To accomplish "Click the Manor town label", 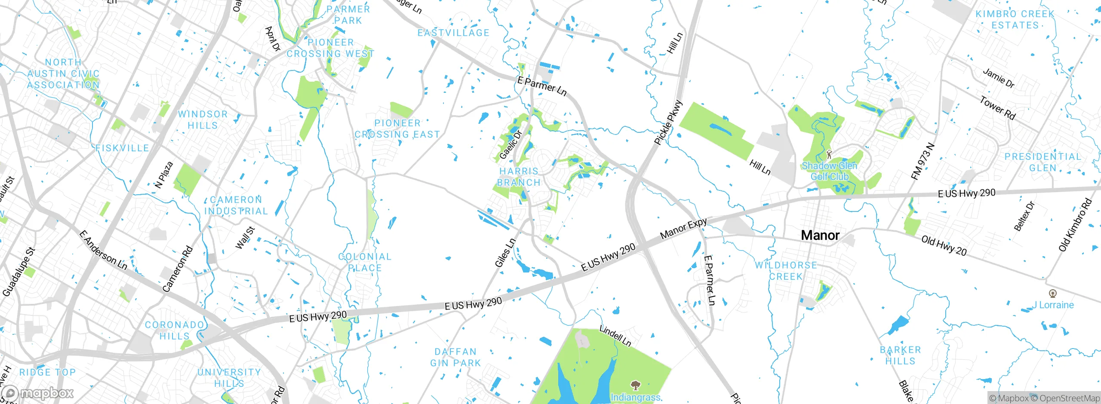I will (x=820, y=236).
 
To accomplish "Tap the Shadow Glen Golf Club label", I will (x=829, y=171).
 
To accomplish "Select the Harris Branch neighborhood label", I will (x=519, y=177).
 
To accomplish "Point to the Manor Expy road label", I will (x=683, y=229).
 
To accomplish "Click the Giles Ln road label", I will (x=505, y=253).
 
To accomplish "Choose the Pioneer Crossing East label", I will (x=397, y=129).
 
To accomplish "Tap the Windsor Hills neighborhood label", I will (x=203, y=120).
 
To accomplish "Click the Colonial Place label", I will (x=365, y=262).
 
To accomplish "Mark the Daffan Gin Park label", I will (x=455, y=358).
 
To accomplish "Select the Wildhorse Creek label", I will (x=786, y=271).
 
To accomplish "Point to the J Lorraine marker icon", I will (x=1053, y=294).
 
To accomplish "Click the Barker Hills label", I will (x=900, y=355).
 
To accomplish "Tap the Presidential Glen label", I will (x=1043, y=162).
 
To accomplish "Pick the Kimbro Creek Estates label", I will (x=1015, y=20).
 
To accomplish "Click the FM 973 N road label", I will (x=923, y=162).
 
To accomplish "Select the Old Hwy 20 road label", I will (x=944, y=246).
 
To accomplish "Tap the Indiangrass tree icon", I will (x=635, y=385).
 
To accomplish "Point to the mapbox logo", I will (x=38, y=393).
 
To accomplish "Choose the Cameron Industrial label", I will (x=236, y=205).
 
